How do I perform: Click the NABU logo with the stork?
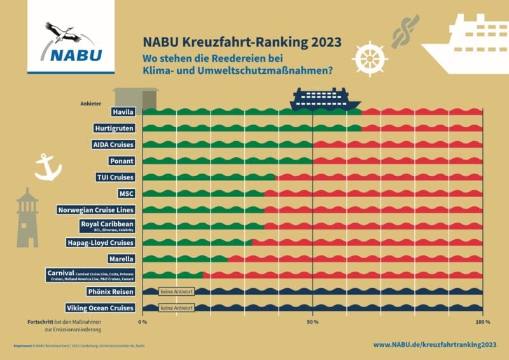click(71, 43)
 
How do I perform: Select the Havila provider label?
click(124, 112)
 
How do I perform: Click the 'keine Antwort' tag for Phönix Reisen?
click(176, 292)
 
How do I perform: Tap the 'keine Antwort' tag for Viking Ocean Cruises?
click(176, 308)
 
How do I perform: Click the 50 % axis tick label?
click(312, 322)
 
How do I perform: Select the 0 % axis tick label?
click(143, 322)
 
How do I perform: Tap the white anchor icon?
click(47, 167)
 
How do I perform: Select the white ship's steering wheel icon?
click(370, 59)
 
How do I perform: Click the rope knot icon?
click(401, 32)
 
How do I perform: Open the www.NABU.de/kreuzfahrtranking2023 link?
click(434, 345)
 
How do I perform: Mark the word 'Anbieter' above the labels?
click(91, 103)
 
